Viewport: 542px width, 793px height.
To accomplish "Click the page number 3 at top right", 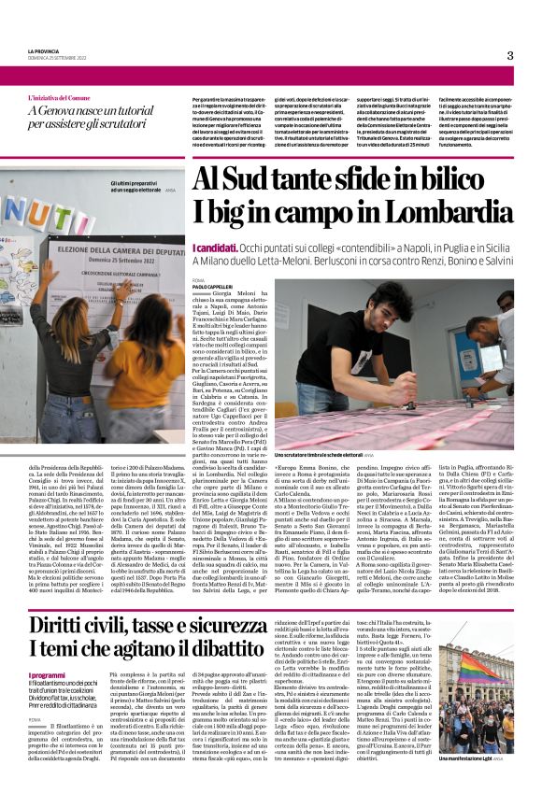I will [x=510, y=55].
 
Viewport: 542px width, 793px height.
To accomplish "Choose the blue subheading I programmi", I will [x=47, y=674].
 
